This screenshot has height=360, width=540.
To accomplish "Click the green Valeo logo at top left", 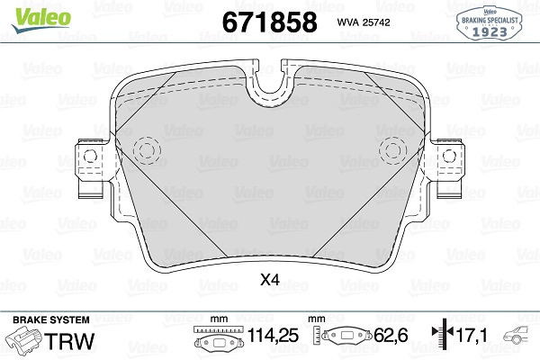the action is point(41,19).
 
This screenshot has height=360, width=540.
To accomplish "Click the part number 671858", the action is point(270,22).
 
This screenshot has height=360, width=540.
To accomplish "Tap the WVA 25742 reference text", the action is point(364,22).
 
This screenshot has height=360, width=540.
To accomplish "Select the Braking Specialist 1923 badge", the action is point(489,23).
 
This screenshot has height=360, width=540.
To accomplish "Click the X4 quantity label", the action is point(270,280).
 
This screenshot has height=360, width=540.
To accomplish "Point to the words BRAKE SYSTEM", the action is point(51,319).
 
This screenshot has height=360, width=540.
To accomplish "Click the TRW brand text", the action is point(69,341).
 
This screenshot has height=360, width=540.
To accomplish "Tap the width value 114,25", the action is point(273,335).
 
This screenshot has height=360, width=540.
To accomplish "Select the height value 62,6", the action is point(391,335).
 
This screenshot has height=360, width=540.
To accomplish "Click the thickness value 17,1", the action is point(472,335).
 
